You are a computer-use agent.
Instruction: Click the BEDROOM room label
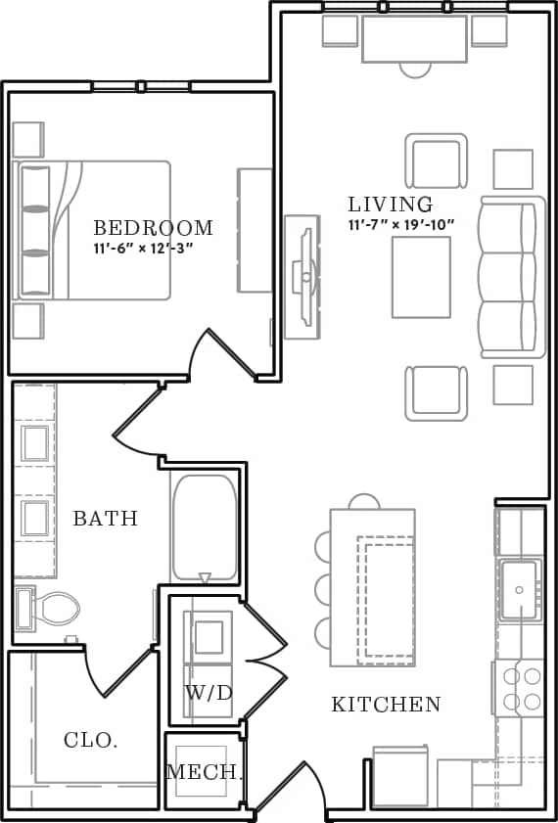click(153, 228)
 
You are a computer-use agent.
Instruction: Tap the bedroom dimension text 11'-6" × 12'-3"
click(144, 249)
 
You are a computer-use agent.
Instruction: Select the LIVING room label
click(391, 205)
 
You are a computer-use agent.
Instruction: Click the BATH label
click(106, 519)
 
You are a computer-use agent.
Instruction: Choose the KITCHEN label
click(386, 704)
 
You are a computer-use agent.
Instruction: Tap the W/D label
click(209, 693)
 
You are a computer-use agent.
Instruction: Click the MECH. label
click(203, 772)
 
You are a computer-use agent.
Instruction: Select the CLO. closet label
click(91, 741)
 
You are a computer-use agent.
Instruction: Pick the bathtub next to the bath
click(205, 528)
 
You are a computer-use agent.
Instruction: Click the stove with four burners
click(518, 688)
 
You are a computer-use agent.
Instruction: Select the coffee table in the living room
click(421, 277)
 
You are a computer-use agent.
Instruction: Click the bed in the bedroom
click(93, 230)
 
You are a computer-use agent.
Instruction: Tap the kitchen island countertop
click(373, 587)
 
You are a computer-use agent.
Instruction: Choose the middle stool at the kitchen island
click(322, 588)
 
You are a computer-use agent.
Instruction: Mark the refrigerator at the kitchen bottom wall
click(400, 779)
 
